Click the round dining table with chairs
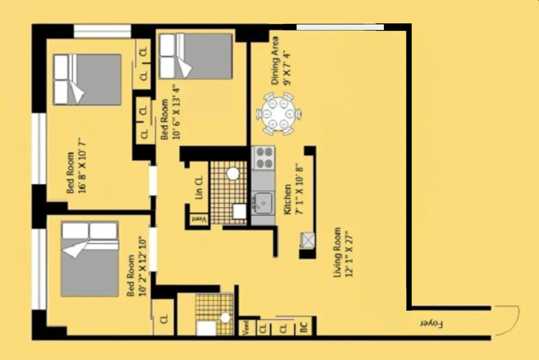279,113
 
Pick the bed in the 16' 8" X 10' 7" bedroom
87,80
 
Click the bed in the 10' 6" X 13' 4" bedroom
196,56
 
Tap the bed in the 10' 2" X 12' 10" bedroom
89,259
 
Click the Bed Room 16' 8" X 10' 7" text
76,173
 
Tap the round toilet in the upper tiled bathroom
233,173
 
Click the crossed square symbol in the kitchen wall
308,240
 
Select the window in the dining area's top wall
340,27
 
